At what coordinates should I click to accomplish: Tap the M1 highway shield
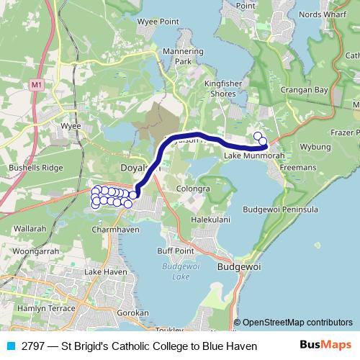(x=37, y=85)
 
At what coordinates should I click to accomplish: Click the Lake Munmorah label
(x=249, y=156)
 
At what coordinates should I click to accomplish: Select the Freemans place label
(x=298, y=167)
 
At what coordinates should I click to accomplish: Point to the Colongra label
(x=194, y=189)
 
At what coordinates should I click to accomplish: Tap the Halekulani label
(x=210, y=217)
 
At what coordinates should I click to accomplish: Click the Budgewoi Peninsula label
(x=281, y=210)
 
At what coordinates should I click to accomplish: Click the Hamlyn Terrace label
(x=45, y=307)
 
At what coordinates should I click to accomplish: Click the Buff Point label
(x=175, y=250)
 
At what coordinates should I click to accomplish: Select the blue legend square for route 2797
(x=11, y=346)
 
